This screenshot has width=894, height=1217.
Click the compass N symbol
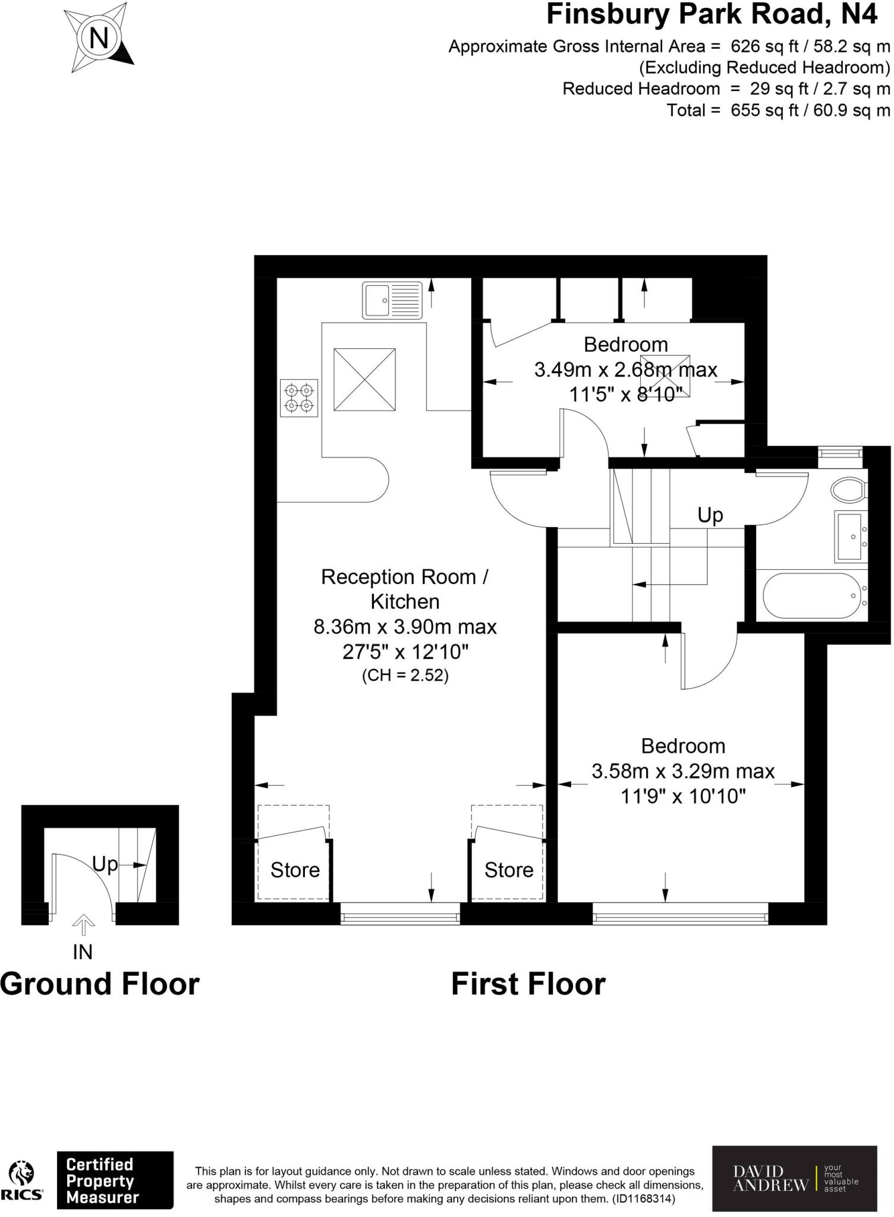pyautogui.click(x=99, y=39)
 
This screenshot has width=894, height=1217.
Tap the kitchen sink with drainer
pyautogui.click(x=392, y=301)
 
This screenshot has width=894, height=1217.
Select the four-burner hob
pyautogui.click(x=299, y=398)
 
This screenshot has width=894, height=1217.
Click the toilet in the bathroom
pyautogui.click(x=849, y=491)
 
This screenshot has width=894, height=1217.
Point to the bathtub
pyautogui.click(x=812, y=595)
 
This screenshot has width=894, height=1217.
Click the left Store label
pyautogui.click(x=295, y=870)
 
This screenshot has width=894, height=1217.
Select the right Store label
pyautogui.click(x=509, y=870)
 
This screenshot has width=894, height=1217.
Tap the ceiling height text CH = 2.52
pyautogui.click(x=405, y=676)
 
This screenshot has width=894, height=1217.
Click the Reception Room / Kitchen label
pyautogui.click(x=405, y=589)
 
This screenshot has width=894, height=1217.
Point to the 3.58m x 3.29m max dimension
pyautogui.click(x=683, y=771)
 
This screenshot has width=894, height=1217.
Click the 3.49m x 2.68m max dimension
pyautogui.click(x=625, y=370)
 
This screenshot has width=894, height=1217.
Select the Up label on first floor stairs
pyautogui.click(x=710, y=515)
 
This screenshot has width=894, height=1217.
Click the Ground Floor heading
pyautogui.click(x=100, y=984)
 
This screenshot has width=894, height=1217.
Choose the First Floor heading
pyautogui.click(x=528, y=984)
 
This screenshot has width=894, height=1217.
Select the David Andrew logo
pyautogui.click(x=794, y=1178)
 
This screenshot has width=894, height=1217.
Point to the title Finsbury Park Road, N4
pyautogui.click(x=712, y=14)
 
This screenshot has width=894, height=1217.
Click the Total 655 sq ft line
pyautogui.click(x=778, y=110)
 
